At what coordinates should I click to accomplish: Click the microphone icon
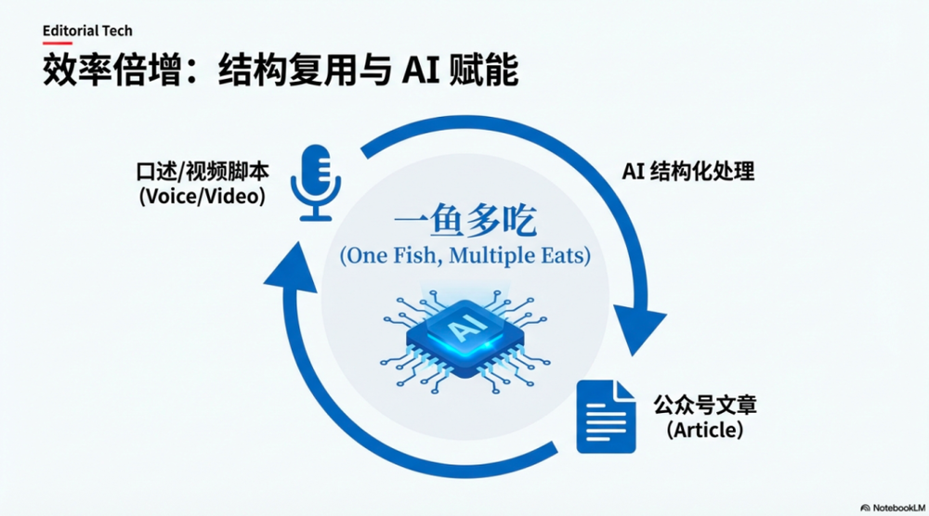point(314,182)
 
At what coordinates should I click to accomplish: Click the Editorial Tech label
point(87,31)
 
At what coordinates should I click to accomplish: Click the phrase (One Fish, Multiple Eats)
point(464,255)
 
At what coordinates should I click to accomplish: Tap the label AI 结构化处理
point(687,171)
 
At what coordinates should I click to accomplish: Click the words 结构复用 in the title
point(275,72)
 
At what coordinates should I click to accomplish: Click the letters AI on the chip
point(462,331)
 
